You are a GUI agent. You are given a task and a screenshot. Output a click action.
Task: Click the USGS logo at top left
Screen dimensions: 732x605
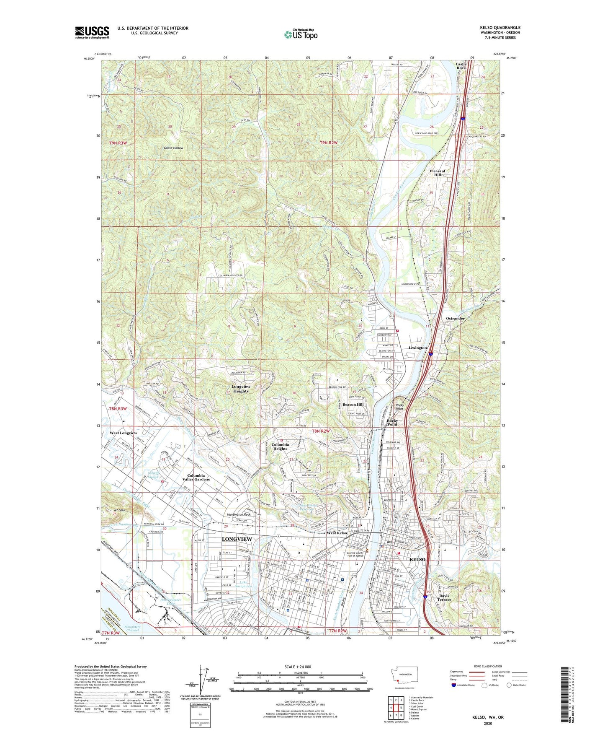pyautogui.click(x=92, y=32)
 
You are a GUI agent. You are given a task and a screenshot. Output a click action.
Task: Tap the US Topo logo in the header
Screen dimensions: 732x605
pyautogui.click(x=300, y=34)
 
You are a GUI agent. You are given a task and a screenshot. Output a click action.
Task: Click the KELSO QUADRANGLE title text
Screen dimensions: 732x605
pyautogui.click(x=500, y=28)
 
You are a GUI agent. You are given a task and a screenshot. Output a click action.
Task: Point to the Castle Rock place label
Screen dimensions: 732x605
pyautogui.click(x=461, y=66)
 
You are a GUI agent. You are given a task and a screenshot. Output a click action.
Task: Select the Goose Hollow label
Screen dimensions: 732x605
pyautogui.click(x=173, y=148)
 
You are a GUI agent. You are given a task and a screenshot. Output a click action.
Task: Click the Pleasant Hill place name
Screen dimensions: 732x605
pyautogui.click(x=437, y=173)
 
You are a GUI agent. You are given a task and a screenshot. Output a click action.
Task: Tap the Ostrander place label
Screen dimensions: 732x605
pyautogui.click(x=455, y=319)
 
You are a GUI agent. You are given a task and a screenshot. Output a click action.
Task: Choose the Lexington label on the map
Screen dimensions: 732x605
pyautogui.click(x=417, y=348)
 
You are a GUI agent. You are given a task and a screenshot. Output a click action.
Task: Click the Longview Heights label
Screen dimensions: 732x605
pyautogui.click(x=240, y=389)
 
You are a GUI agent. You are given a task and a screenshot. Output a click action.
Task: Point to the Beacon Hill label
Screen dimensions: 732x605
pyautogui.click(x=353, y=405)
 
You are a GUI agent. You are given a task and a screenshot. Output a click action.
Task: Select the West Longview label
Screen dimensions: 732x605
pyautogui.click(x=123, y=433)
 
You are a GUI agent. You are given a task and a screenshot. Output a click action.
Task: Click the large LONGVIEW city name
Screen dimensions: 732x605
pyautogui.click(x=237, y=539)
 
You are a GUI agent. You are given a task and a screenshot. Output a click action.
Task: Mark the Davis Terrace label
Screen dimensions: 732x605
pyautogui.click(x=444, y=597)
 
